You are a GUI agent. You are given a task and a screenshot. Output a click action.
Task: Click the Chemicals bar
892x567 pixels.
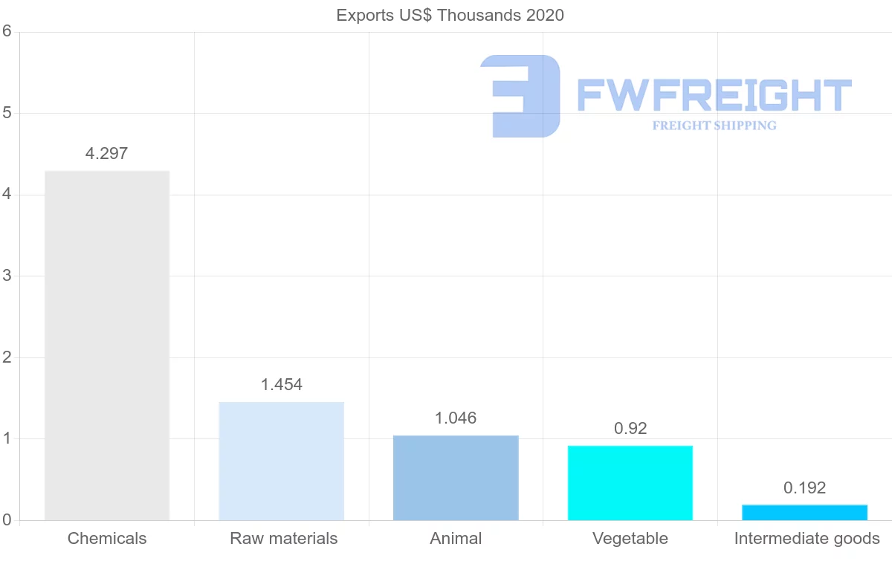tap(107, 346)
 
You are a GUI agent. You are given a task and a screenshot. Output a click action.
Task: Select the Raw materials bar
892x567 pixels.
tap(282, 461)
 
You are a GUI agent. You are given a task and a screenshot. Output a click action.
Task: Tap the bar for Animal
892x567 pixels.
tap(456, 478)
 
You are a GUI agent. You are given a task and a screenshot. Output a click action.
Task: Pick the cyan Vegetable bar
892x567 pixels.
tap(630, 483)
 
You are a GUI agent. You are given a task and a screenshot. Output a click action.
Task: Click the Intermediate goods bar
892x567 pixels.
tap(804, 513)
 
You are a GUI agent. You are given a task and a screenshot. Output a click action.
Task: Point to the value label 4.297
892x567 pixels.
tap(107, 154)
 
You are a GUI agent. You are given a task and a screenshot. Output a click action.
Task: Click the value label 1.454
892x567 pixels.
tap(282, 385)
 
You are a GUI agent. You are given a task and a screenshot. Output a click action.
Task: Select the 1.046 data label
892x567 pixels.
tap(456, 418)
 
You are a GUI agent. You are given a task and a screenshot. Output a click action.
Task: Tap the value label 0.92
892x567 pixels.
tap(630, 429)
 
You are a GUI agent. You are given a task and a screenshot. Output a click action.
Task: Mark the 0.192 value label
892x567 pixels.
tap(804, 488)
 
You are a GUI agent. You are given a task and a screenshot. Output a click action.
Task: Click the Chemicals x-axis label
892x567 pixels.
tap(107, 539)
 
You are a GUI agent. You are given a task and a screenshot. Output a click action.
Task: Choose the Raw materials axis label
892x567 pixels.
tap(284, 539)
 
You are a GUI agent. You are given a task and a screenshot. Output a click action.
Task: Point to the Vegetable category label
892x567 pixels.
tap(630, 539)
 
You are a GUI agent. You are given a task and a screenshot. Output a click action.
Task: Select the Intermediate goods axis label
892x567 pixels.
tap(807, 539)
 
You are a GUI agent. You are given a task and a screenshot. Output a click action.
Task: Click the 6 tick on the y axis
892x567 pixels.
tap(7, 31)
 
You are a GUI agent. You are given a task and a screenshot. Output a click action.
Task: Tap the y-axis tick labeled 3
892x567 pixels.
tap(7, 276)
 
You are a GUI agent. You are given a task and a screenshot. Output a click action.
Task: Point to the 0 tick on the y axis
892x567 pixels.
tap(7, 520)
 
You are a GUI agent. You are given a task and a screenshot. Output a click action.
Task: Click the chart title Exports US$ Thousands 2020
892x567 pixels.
tap(450, 16)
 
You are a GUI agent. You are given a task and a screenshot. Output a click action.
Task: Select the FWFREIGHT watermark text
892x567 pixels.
tap(714, 95)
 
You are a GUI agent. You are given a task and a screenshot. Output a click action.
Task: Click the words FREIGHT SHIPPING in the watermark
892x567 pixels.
tap(714, 126)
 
